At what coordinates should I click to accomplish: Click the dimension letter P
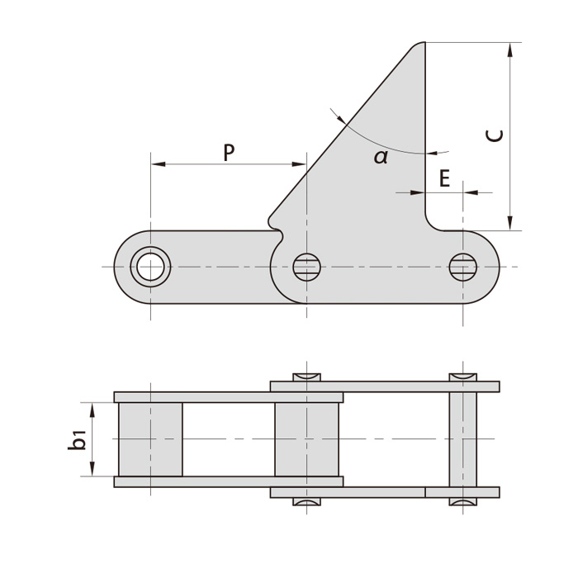point(229,152)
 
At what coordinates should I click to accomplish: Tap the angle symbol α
point(381,157)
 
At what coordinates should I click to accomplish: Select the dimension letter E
point(444,178)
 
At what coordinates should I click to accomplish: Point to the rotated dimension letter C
point(494,135)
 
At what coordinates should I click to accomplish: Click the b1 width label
point(77,439)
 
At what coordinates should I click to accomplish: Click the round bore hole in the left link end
point(150,267)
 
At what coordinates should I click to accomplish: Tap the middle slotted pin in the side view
point(306,267)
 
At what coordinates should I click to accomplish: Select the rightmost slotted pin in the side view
point(462,267)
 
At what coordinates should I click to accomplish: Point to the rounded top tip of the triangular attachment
point(419,45)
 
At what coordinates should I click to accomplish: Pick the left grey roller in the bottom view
point(150,439)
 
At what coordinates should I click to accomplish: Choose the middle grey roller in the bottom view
point(306,439)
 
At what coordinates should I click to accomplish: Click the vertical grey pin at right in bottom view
point(462,439)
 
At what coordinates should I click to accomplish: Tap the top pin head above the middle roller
point(306,377)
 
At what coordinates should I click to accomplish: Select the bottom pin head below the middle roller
point(306,501)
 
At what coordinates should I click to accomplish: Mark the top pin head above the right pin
point(462,377)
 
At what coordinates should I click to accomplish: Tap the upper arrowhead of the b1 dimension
point(91,410)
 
